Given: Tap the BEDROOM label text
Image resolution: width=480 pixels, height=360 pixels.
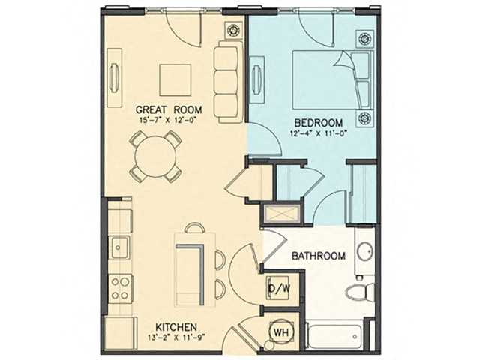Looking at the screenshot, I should click(318, 123).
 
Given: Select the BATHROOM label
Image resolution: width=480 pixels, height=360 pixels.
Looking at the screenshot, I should click(319, 256).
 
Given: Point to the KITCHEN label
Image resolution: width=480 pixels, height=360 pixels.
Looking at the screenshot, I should click(175, 327).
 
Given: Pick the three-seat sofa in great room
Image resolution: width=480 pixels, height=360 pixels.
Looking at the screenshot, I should click(228, 82).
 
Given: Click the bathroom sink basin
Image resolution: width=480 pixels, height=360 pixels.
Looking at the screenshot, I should click(365, 251).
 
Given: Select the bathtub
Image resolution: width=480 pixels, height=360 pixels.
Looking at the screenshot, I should click(334, 335).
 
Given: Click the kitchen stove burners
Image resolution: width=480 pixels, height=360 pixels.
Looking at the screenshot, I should click(120, 287).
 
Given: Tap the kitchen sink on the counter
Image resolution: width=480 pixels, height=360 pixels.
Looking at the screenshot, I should click(120, 247).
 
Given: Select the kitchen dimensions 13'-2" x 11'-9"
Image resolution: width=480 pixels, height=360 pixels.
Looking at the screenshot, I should click(175, 339).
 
